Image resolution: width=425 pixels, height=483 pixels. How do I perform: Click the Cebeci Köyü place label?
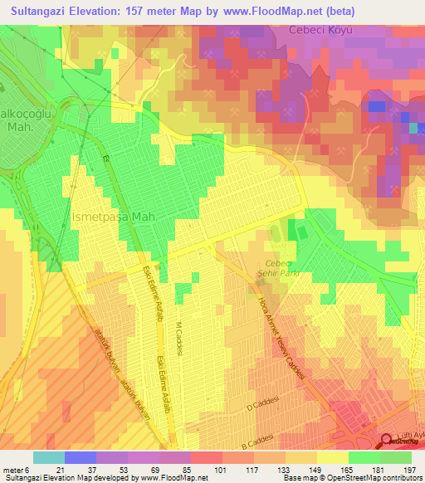click(321, 31)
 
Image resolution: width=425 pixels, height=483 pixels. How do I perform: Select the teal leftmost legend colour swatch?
click(48, 457)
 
